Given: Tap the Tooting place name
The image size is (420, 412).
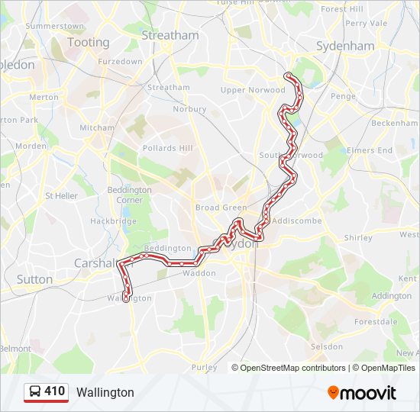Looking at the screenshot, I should (x=89, y=42).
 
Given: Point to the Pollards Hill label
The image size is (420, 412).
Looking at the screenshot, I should (x=167, y=147).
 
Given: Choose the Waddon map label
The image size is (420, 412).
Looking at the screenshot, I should (x=199, y=272).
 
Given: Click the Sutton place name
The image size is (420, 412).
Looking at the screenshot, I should (x=34, y=279).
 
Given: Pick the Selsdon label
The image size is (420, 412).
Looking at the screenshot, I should (x=327, y=346).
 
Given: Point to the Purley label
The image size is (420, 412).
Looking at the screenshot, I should (x=204, y=367).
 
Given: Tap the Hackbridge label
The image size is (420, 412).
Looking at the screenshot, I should (x=113, y=221).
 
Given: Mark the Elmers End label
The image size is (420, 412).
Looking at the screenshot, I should (x=370, y=150).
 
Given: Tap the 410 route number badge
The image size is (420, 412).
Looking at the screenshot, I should (x=54, y=391).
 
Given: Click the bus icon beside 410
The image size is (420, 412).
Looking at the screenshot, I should (x=35, y=391).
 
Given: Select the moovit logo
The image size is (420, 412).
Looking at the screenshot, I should (x=362, y=393).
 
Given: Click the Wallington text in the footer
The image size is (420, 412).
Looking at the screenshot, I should (x=105, y=393).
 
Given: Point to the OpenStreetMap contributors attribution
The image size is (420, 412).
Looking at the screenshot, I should (x=293, y=368).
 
